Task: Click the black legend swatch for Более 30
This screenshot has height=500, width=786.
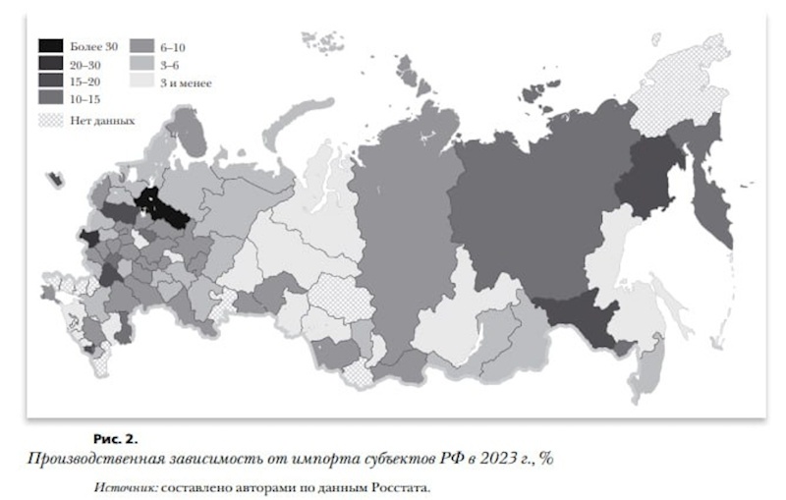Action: (x=50, y=45)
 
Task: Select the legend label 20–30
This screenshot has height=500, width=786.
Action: (x=85, y=64)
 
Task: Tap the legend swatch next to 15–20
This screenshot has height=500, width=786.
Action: (x=50, y=82)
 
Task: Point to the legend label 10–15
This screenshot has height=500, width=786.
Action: (x=85, y=99)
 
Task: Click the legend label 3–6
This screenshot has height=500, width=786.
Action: (x=169, y=64)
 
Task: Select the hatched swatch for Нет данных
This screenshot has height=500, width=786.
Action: (x=50, y=120)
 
